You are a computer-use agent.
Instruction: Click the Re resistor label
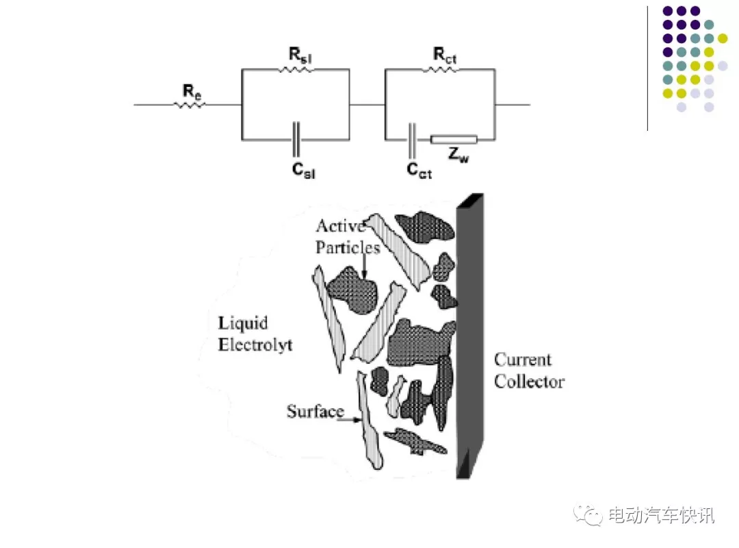(x=192, y=91)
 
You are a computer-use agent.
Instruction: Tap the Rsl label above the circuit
(x=300, y=55)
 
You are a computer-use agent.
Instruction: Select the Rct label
(x=445, y=55)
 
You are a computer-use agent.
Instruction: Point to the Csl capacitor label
(x=303, y=170)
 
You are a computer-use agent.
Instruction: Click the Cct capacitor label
(x=419, y=170)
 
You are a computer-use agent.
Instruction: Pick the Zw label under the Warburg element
(x=458, y=155)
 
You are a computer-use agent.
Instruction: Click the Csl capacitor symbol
(x=296, y=140)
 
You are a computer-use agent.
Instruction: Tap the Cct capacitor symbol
(x=412, y=140)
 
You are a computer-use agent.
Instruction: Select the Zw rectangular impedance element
(x=454, y=139)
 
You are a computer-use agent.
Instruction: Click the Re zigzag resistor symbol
(x=190, y=105)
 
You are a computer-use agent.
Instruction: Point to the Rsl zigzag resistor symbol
(x=295, y=70)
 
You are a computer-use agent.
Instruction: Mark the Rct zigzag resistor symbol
(x=440, y=70)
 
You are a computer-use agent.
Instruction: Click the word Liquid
(x=243, y=324)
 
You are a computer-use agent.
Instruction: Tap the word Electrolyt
(x=255, y=345)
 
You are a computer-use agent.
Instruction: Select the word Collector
(x=529, y=382)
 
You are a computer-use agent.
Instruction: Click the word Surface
(x=315, y=412)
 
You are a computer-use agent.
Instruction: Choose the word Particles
(x=348, y=247)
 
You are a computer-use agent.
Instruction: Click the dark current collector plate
(x=470, y=336)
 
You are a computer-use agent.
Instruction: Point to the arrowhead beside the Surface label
(x=358, y=420)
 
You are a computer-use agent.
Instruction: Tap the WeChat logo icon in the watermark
(x=588, y=515)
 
